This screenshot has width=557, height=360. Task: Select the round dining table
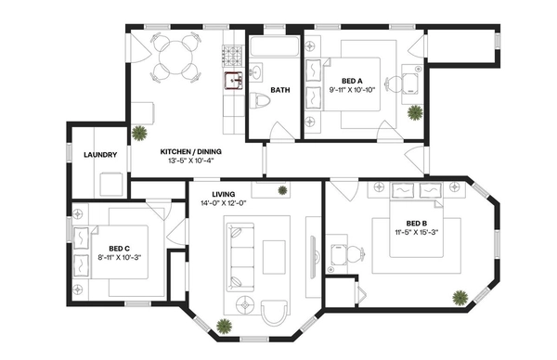(x=175, y=57)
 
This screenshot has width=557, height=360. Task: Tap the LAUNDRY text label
(x=99, y=155)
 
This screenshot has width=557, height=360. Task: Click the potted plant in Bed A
(x=414, y=112)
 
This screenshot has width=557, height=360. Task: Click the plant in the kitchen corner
(x=139, y=132)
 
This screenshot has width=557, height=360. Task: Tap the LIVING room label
(x=224, y=194)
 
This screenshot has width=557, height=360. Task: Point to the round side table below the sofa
(x=244, y=302)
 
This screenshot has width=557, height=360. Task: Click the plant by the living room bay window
(x=224, y=325)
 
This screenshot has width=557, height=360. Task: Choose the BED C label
(x=118, y=248)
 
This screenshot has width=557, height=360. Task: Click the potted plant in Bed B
(x=459, y=298)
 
